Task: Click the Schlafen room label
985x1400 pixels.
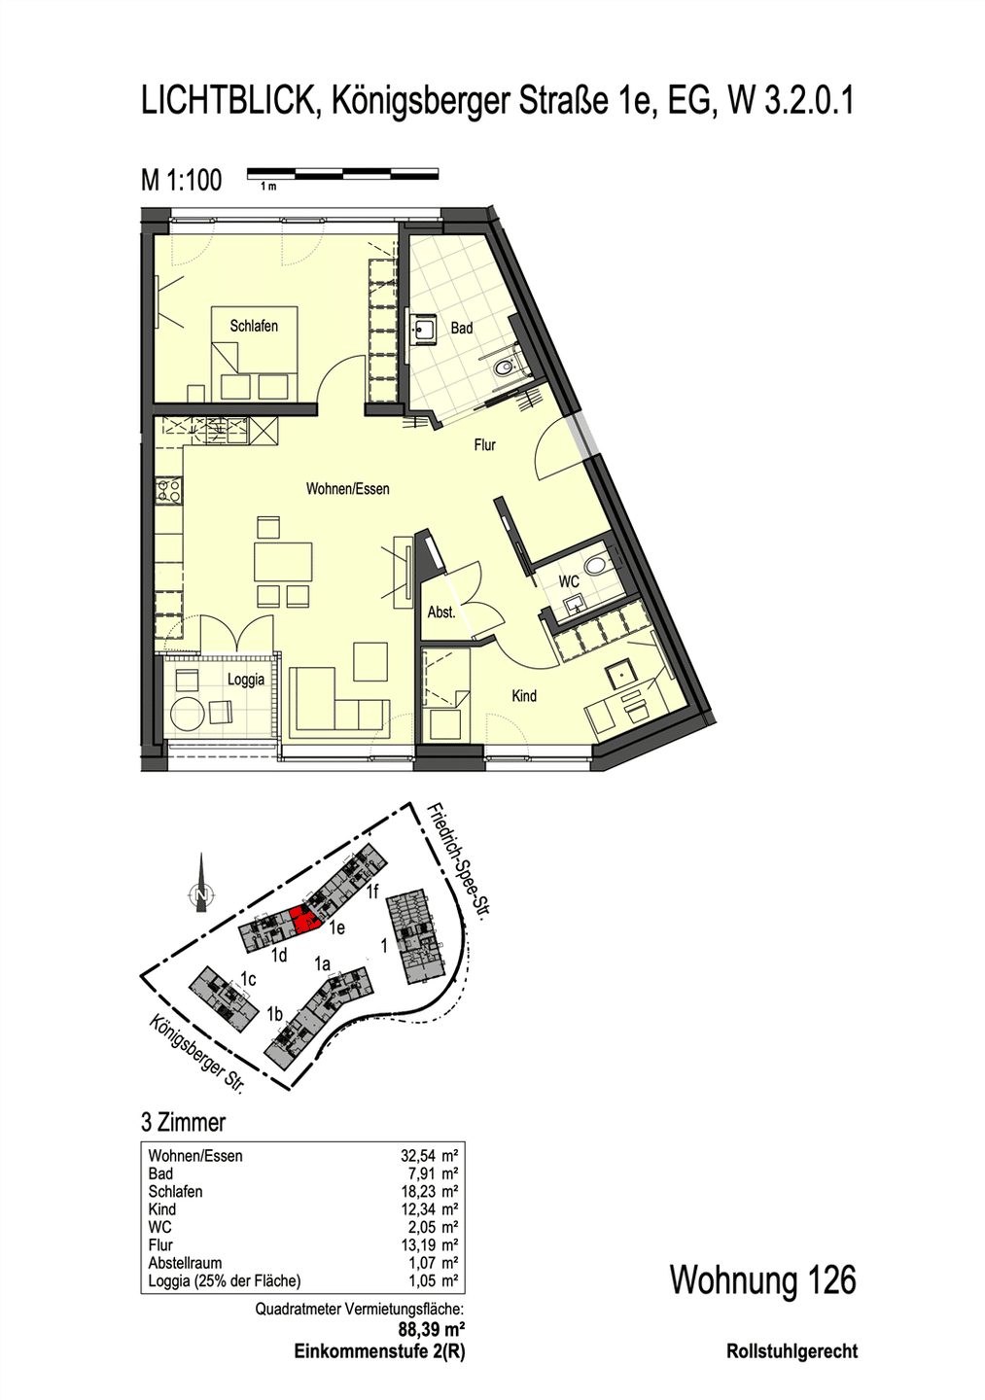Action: point(254,326)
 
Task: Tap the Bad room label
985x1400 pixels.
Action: point(462,328)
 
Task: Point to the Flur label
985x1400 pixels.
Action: point(485,445)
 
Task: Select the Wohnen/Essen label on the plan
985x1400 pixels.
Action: point(347,489)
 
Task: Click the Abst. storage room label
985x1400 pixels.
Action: point(441,612)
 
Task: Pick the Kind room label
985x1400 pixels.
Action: point(524,696)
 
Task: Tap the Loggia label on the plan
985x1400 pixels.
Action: point(246,680)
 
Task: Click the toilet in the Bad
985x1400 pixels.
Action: point(504,369)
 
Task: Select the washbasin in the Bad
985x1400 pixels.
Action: point(425,329)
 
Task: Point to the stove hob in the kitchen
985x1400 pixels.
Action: point(169,490)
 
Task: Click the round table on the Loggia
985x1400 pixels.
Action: point(188,715)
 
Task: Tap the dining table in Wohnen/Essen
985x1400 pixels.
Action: point(283,561)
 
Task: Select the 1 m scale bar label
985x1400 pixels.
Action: point(268,187)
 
